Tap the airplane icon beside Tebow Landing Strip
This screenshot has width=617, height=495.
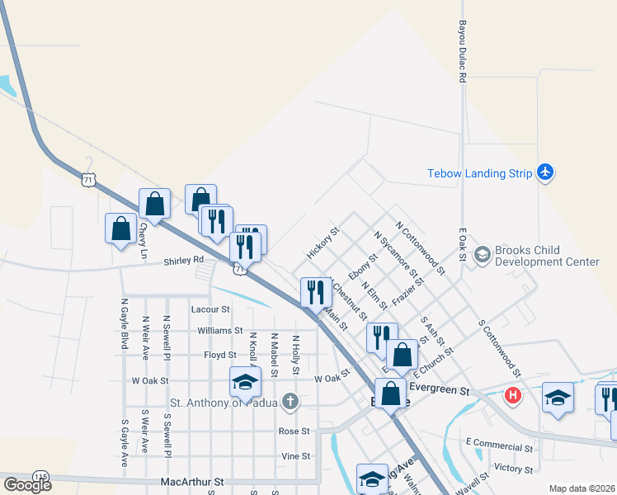click(x=544, y=172)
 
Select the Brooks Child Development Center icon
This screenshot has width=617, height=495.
click(x=482, y=256)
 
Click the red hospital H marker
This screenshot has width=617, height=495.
click(x=513, y=395)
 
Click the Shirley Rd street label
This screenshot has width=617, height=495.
click(x=183, y=260)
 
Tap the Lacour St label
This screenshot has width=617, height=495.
click(x=210, y=309)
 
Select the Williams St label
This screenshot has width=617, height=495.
click(x=219, y=331)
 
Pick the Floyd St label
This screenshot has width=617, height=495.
click(x=220, y=355)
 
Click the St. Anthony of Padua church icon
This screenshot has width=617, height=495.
click(x=289, y=403)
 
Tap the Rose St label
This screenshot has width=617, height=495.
click(x=294, y=431)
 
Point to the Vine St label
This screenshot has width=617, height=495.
click(x=295, y=455)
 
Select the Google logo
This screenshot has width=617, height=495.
click(x=27, y=484)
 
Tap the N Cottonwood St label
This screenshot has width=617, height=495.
click(x=420, y=247)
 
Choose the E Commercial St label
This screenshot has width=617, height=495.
click(x=499, y=448)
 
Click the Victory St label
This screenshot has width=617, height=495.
click(x=512, y=468)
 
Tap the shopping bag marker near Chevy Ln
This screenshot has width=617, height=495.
click(x=121, y=228)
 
